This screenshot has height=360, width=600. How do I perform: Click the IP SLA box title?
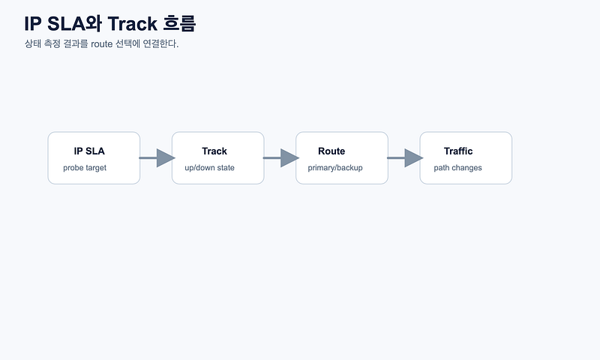89,151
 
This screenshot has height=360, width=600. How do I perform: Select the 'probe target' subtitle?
85,168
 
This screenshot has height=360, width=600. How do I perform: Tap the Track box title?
214,151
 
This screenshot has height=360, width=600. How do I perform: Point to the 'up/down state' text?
209,168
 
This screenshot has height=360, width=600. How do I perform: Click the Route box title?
331,151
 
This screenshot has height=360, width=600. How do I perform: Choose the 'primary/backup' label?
335,168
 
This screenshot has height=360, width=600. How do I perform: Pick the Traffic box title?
458,151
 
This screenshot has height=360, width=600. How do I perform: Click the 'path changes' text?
457,168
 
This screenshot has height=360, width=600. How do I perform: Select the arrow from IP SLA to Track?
157,158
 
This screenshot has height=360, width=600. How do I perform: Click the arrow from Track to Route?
280,158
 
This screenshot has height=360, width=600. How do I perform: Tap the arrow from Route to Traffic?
405,158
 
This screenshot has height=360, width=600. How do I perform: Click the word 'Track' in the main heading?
133,24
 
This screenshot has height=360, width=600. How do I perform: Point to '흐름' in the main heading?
179,24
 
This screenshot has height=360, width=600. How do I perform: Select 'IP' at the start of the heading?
32,24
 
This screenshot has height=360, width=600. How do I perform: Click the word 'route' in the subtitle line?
102,44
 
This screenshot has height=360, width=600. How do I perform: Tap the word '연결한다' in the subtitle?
160,44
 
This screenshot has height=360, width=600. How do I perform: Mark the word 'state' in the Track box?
226,168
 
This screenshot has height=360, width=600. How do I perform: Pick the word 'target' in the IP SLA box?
96,168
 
